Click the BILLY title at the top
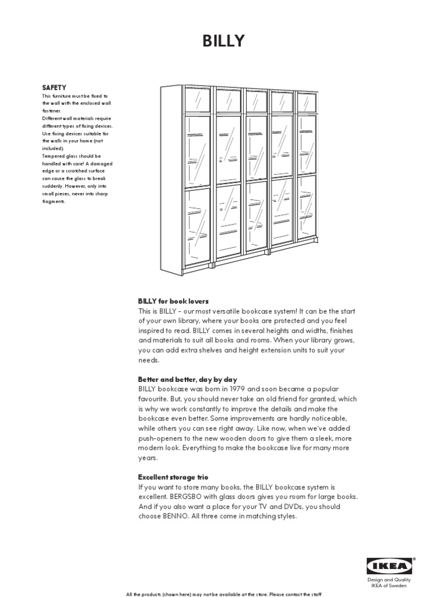click(x=223, y=41)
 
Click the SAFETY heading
click(x=54, y=87)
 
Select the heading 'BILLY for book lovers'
click(x=173, y=301)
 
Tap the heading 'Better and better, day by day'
click(x=187, y=380)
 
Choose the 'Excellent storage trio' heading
click(x=173, y=477)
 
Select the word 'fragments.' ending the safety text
click(x=54, y=201)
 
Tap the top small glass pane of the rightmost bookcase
click(x=307, y=101)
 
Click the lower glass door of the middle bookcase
click(x=256, y=216)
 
